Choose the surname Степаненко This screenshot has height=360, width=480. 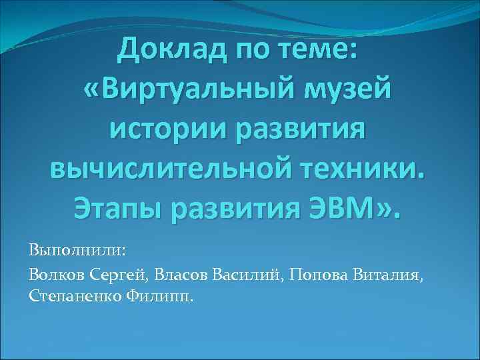pos(74,294)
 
